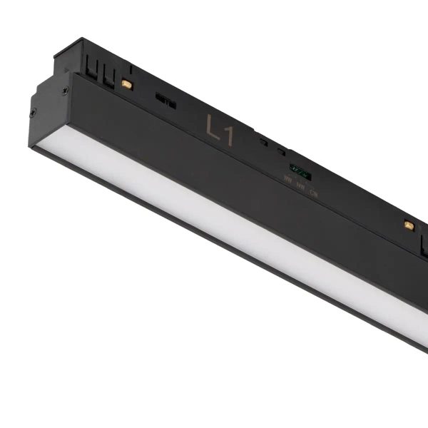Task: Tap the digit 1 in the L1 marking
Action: click(x=229, y=135)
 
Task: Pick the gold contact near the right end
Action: click(x=409, y=225)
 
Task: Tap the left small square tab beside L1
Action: click(x=264, y=142)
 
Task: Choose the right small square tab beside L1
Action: click(x=282, y=151)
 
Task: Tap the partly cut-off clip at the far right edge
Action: click(x=424, y=246)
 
